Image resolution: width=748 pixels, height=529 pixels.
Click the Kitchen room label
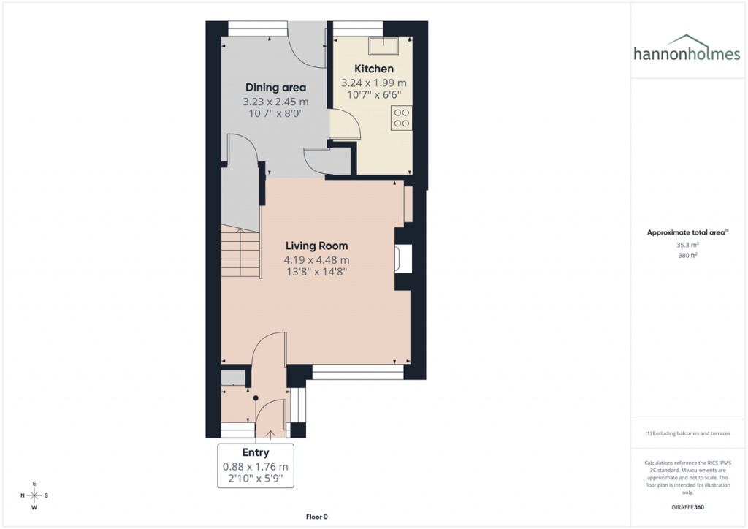pos(374,69)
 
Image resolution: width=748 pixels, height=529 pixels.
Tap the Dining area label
pos(275,88)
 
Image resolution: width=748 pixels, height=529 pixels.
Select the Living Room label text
pos(316,246)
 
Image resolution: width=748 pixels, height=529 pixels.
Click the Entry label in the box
pos(256,452)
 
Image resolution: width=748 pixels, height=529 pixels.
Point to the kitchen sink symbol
pos(382,46)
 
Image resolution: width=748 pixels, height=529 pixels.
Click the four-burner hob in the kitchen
pos(401,118)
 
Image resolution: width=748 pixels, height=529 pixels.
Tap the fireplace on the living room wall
pos(403,259)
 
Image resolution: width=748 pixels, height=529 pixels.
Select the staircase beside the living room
pos(241,252)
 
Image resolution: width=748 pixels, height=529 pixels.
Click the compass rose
pos(34,495)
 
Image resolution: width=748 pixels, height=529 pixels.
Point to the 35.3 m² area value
pos(687,245)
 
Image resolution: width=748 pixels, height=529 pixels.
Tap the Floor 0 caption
pos(316,517)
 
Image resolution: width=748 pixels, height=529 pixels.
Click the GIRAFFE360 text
pos(687,507)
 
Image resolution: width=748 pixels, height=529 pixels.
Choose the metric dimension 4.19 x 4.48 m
pos(316,260)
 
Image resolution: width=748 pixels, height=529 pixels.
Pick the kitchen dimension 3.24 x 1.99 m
pos(374,83)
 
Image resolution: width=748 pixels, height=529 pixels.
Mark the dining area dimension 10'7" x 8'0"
pos(275,114)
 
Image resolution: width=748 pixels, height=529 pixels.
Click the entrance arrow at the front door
pos(271,435)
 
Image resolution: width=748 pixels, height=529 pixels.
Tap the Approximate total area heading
pos(687,232)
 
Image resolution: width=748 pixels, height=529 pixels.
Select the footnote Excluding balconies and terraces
pos(687,433)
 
